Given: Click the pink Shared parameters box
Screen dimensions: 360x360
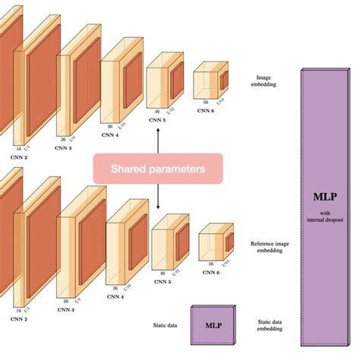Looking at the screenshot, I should pyautogui.click(x=157, y=169).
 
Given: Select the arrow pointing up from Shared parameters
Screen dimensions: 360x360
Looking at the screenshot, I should pyautogui.click(x=157, y=141).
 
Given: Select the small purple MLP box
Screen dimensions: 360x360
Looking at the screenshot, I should pyautogui.click(x=213, y=325).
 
